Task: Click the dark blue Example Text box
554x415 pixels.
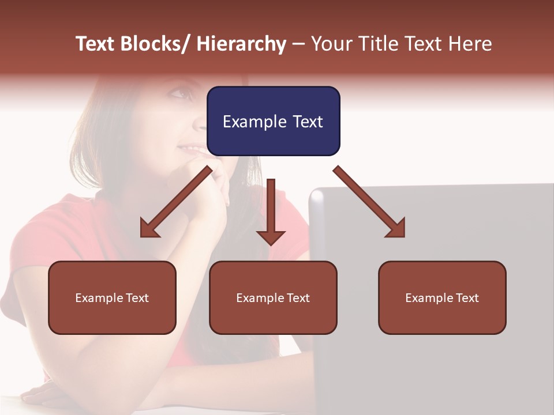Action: pos(273,121)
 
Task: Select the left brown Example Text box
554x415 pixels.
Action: pos(112,297)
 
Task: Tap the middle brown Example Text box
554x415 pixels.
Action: pos(273,297)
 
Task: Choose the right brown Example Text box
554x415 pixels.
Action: pos(442,297)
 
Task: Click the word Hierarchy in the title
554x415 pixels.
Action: pos(241,44)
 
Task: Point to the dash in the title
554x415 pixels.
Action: pos(298,44)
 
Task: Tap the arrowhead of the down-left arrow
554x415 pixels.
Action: pos(149,229)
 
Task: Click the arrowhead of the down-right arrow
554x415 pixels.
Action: pos(396,229)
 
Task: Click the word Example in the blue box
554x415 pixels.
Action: pos(253,122)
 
